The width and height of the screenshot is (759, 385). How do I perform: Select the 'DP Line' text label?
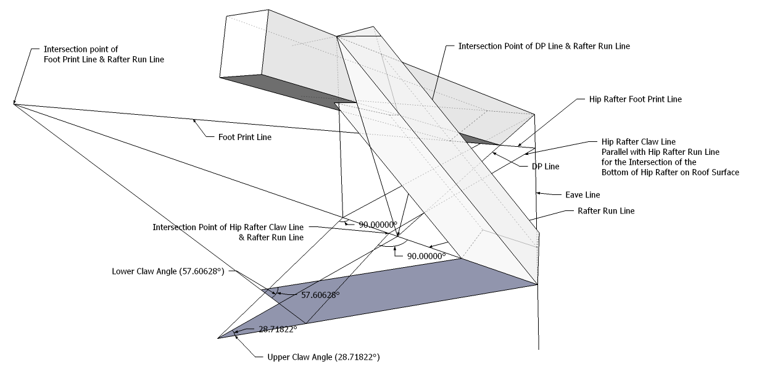tap(545, 167)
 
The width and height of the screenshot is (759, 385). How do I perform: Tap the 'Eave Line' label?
tap(583, 195)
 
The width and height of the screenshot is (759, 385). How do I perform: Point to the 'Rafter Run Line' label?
tap(605, 211)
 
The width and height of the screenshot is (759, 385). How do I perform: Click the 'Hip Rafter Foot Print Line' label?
tap(628, 99)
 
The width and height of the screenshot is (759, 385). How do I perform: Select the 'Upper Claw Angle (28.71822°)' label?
tap(323, 357)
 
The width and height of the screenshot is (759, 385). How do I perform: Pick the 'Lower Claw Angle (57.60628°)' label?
tap(167, 271)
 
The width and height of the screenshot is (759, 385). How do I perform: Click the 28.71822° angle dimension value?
tap(278, 329)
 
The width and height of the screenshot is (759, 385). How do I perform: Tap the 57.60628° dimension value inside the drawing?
tap(320, 295)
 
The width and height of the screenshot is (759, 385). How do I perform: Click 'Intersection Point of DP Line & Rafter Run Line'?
tap(544, 46)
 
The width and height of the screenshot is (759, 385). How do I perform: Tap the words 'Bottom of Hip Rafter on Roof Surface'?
tap(670, 172)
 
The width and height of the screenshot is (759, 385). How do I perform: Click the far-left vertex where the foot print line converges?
tap(14, 104)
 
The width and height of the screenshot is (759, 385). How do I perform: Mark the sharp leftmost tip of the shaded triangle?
tap(219, 337)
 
